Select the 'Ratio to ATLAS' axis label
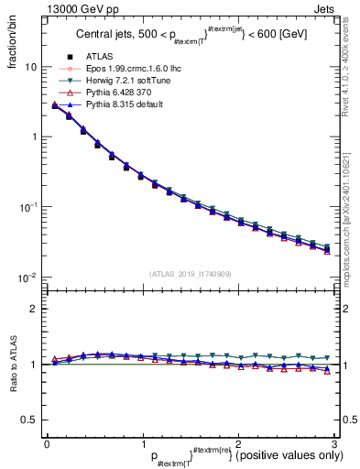(x=12, y=365)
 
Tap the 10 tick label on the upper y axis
(x=31, y=67)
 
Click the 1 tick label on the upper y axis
(x=34, y=137)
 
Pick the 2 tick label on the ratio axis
(x=34, y=309)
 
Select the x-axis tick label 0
(x=46, y=443)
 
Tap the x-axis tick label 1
(x=142, y=443)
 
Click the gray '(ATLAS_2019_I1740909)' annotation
(x=190, y=273)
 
